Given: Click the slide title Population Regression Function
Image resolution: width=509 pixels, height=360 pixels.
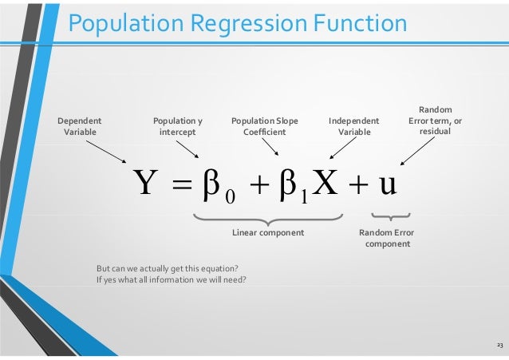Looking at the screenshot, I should [x=237, y=23].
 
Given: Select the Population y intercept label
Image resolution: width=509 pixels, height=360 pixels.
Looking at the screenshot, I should [x=177, y=126].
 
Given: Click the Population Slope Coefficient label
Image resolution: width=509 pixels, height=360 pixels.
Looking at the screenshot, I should [x=264, y=126].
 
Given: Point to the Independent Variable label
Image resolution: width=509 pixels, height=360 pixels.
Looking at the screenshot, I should [x=353, y=126].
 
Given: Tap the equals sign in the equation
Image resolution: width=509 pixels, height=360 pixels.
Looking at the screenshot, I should [x=180, y=186].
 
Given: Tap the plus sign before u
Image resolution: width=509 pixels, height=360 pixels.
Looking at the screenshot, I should [x=357, y=186].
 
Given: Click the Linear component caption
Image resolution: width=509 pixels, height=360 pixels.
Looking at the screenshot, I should [x=268, y=232].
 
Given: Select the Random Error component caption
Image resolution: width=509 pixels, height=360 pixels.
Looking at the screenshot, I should [x=387, y=237].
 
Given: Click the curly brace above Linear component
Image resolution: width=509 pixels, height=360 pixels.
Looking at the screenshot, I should [x=269, y=218].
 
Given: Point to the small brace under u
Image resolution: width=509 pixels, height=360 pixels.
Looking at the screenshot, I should [x=390, y=216].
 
